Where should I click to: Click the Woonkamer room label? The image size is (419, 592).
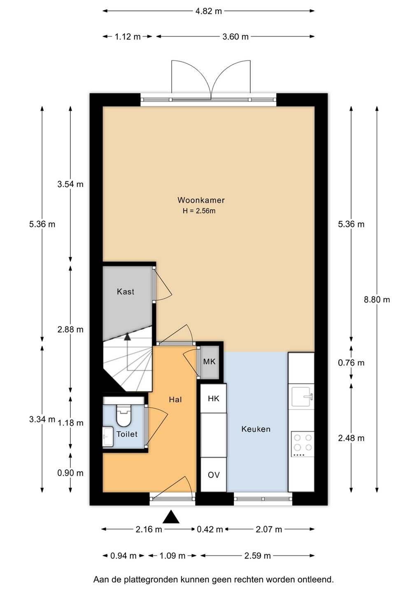(201, 200)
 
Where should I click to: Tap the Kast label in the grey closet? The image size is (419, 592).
(126, 291)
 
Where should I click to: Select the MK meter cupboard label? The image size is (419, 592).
(209, 361)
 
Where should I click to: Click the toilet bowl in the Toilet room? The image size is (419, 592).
(124, 415)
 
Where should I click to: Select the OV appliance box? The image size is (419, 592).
(214, 475)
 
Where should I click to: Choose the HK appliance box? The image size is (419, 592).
(214, 398)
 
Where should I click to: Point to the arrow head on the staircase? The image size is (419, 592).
(128, 336)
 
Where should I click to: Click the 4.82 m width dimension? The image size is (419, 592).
(208, 11)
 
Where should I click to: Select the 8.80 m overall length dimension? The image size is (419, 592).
(377, 299)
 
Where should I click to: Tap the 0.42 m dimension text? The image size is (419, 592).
(210, 530)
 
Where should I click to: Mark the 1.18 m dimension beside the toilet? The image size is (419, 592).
(70, 423)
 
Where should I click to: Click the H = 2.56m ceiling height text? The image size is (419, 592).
(199, 211)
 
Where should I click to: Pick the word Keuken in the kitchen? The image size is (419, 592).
(256, 429)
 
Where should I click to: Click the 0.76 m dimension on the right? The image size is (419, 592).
(351, 363)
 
